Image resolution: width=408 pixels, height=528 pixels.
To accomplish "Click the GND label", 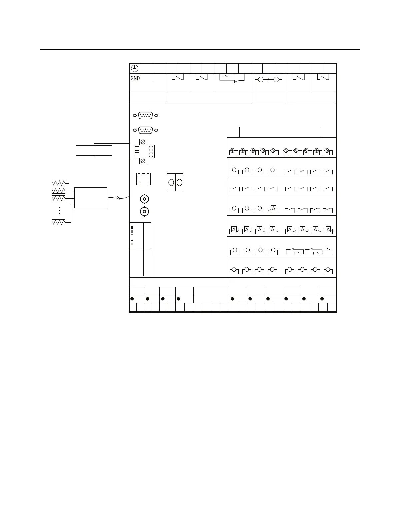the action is (135, 78).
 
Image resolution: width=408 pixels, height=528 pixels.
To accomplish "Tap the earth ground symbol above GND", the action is (134, 68).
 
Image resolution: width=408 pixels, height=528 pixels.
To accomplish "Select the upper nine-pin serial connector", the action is (145, 115).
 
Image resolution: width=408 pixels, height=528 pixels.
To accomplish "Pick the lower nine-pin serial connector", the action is (145, 130).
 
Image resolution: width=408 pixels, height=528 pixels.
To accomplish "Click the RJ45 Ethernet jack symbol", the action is (144, 179).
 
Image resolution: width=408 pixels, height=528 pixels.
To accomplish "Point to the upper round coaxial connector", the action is (144, 199).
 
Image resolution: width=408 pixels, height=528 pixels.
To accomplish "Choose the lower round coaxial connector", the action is (144, 211).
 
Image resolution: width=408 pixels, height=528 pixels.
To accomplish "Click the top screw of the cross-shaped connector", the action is (143, 142).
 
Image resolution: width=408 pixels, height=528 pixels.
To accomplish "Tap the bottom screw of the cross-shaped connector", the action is (143, 161).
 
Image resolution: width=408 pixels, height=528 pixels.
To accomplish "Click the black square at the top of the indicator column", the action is (132, 228).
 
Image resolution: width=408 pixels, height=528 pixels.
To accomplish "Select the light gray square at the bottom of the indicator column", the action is (132, 244).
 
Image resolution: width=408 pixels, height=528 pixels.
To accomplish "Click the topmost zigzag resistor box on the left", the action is (58, 183).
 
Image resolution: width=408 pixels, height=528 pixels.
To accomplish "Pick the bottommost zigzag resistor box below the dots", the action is (58, 222).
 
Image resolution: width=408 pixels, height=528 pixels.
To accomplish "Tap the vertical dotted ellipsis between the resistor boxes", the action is (59, 210).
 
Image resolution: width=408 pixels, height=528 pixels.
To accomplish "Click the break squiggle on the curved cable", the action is (118, 199).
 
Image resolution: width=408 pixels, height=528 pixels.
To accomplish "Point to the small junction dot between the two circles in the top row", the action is (268, 79).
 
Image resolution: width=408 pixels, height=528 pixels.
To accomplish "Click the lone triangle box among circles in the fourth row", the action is (273, 208).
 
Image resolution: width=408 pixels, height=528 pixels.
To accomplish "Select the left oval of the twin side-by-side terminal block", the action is (171, 182).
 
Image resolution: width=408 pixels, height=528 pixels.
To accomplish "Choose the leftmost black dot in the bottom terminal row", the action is (132, 299).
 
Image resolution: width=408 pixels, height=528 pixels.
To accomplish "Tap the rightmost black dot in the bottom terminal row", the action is (322, 299).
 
